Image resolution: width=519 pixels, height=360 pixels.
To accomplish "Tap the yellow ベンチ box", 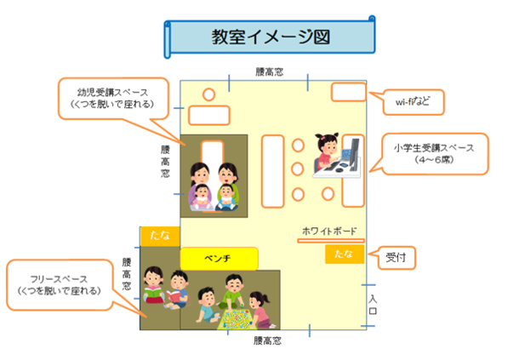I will coord(219,257).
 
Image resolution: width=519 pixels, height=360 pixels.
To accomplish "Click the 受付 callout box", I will coord(396,255).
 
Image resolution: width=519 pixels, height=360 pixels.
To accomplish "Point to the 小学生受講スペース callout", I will coord(434,153).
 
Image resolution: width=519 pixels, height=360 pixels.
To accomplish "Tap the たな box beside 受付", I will coord(343,254).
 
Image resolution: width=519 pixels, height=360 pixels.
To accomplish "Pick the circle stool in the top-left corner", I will coord(208,94).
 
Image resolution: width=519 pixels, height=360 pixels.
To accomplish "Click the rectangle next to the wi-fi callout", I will coord(348,92).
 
